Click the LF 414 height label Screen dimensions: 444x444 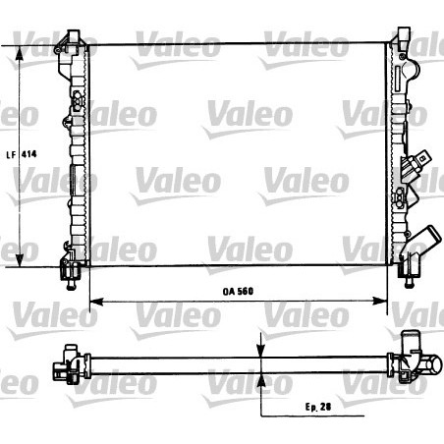click(x=25, y=153)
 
